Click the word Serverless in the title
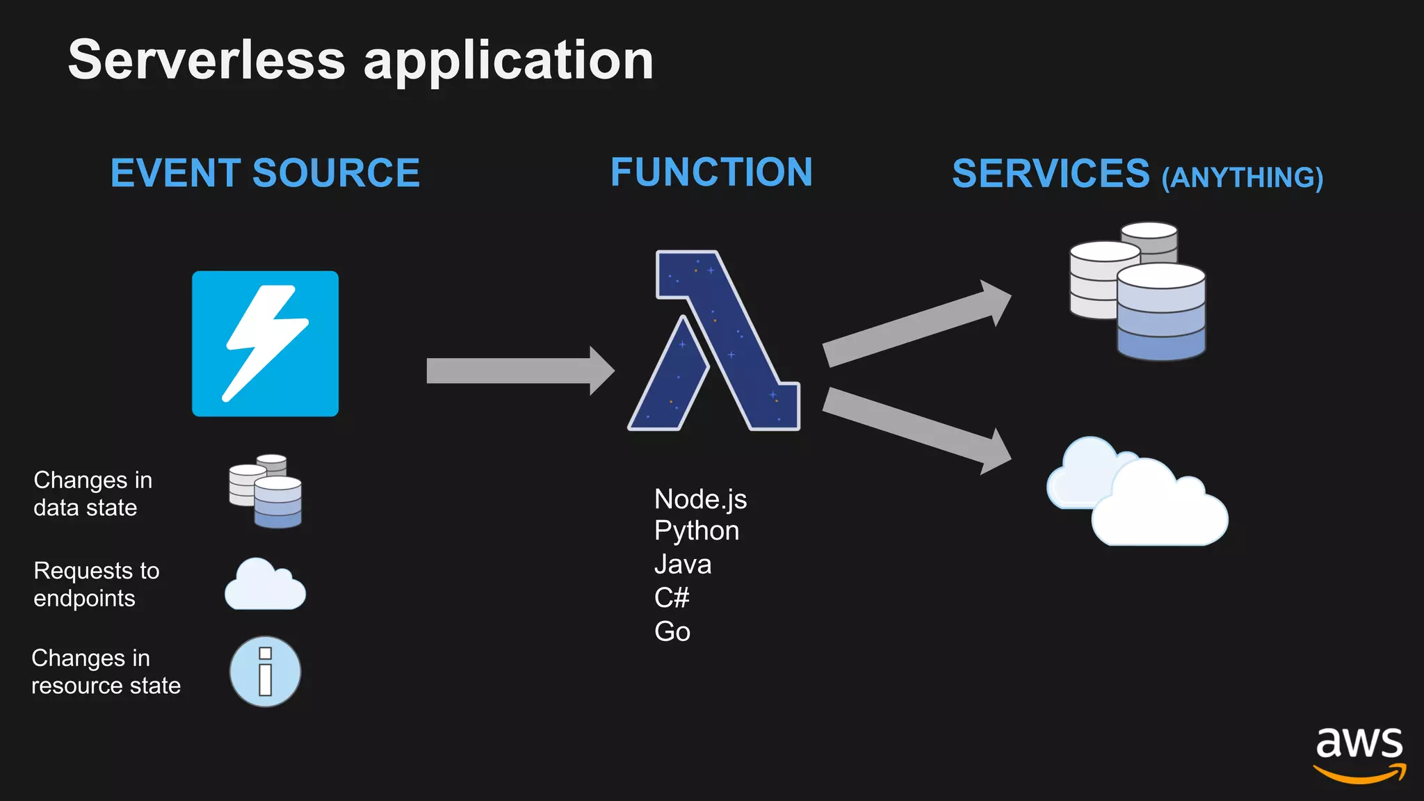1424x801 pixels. pyautogui.click(x=207, y=60)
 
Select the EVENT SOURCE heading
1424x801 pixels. pyautogui.click(x=265, y=173)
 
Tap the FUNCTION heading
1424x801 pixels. pyautogui.click(x=711, y=172)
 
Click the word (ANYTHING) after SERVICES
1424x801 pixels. pyautogui.click(x=1243, y=178)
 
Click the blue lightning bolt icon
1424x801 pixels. pyautogui.click(x=265, y=343)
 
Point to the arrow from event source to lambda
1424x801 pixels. pyautogui.click(x=518, y=371)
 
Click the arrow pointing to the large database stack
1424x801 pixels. pyautogui.click(x=914, y=324)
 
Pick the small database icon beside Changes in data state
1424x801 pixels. pyautogui.click(x=266, y=492)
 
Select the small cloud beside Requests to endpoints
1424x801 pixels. pyautogui.click(x=264, y=585)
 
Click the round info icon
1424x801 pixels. pyautogui.click(x=265, y=672)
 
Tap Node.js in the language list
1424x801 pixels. pyautogui.click(x=700, y=499)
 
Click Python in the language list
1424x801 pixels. pyautogui.click(x=696, y=531)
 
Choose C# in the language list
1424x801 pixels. pyautogui.click(x=671, y=598)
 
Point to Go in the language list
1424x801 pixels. pyautogui.click(x=672, y=631)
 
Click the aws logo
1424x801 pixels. pyautogui.click(x=1359, y=754)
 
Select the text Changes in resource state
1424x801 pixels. pyautogui.click(x=106, y=672)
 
